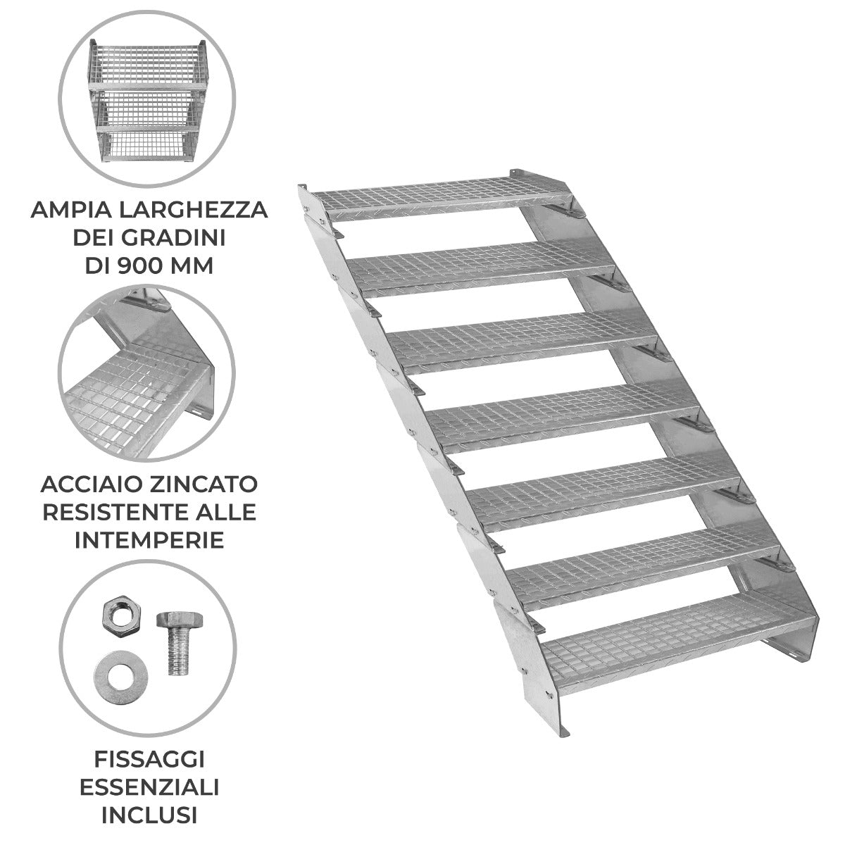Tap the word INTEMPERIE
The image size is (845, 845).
point(149,539)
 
